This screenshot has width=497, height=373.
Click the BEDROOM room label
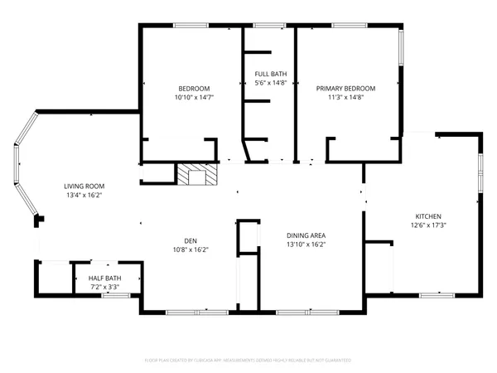tap(194, 89)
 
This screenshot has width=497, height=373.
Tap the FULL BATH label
tap(270, 74)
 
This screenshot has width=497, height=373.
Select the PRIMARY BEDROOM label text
tap(346, 89)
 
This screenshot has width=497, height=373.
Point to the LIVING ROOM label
tap(84, 186)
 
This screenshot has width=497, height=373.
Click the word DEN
tap(190, 240)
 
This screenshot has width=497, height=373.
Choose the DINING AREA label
tap(306, 235)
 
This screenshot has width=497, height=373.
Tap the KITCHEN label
tap(428, 216)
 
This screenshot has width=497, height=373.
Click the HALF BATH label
tap(105, 279)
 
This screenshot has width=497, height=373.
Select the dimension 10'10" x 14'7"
tap(194, 97)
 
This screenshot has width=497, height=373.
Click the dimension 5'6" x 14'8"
tap(270, 82)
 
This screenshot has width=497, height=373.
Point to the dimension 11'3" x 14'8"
tap(346, 97)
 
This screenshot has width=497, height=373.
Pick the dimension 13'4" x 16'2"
tap(84, 196)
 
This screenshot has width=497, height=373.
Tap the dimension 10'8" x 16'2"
tap(190, 249)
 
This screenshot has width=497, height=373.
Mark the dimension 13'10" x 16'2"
tap(306, 245)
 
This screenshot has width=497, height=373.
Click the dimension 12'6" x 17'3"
tap(428, 225)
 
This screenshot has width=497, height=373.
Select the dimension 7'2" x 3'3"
tap(105, 287)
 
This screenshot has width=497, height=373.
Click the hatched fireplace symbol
tap(198, 175)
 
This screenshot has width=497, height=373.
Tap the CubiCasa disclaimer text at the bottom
tap(248, 361)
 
